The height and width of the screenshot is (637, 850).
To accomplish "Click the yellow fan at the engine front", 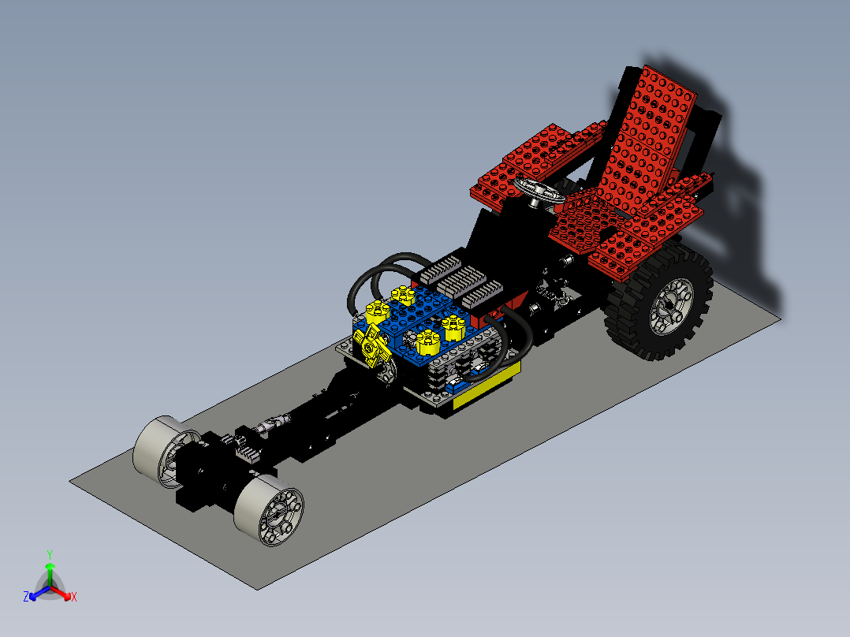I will pyautogui.click(x=370, y=347).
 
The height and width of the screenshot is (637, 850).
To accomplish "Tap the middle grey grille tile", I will pyautogui.click(x=463, y=280).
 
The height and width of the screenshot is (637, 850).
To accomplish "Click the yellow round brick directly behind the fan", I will pyautogui.click(x=378, y=310).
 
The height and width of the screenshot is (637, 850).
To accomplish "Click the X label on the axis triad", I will pyautogui.click(x=73, y=598).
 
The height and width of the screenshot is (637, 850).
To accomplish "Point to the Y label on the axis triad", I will pyautogui.click(x=49, y=554).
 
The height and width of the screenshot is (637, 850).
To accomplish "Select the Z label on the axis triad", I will pyautogui.click(x=26, y=597).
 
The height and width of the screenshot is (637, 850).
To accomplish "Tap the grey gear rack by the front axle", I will pyautogui.click(x=247, y=453).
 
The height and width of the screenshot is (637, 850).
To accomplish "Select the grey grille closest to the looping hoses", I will pyautogui.click(x=439, y=269).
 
